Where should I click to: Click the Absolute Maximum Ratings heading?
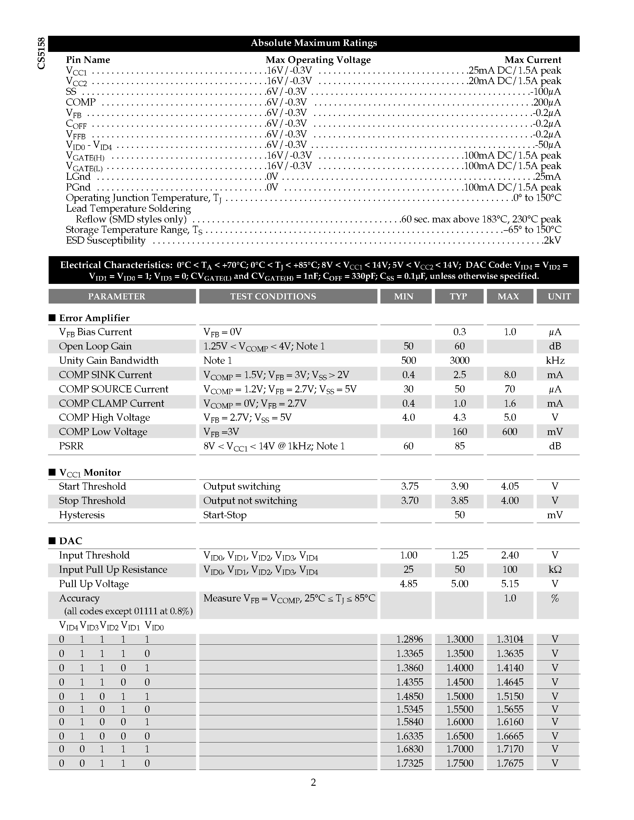pos(314,43)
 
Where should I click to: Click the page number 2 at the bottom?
pos(313,782)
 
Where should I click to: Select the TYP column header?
pos(459,296)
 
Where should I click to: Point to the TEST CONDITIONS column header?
pos(273,296)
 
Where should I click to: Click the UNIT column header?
pos(559,296)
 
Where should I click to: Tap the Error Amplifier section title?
pos(94,318)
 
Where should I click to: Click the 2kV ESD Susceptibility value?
pos(552,240)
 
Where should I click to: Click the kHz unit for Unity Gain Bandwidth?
pos(555,361)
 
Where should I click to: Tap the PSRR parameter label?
pos(71,446)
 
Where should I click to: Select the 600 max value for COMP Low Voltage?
pos(509,432)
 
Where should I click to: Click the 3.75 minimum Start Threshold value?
pos(409,486)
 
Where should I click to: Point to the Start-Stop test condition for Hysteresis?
pos(225,515)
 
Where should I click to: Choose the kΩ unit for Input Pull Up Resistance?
pos(555,570)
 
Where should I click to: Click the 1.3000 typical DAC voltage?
pos(459,639)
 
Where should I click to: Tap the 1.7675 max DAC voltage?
pos(510,763)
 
